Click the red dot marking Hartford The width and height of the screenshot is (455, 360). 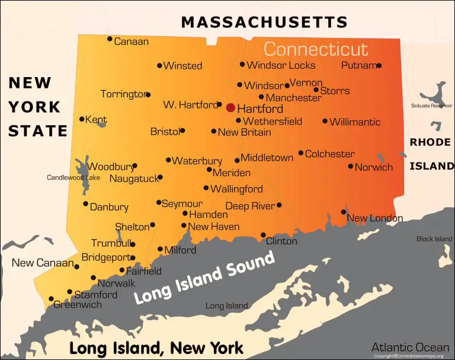[x=230, y=108]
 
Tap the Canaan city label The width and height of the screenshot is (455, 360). [x=131, y=42]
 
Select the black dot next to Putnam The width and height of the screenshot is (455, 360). [x=379, y=66]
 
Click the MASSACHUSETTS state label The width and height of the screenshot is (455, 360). [x=264, y=23]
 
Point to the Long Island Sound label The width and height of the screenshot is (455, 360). [x=205, y=276]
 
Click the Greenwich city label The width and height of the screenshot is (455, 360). [x=78, y=305]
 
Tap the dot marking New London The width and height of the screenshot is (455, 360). [x=344, y=212]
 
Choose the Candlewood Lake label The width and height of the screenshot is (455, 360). [x=73, y=177]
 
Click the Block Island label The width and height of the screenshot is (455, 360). [x=434, y=239]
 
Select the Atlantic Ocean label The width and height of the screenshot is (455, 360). [x=410, y=347]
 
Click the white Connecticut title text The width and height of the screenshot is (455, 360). [x=316, y=49]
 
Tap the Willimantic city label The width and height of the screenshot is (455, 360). [x=355, y=122]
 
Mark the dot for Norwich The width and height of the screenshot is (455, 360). [x=351, y=167]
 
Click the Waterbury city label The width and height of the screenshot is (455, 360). [x=197, y=161]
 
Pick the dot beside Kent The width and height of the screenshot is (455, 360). [x=82, y=119]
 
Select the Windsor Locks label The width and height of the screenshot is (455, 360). [x=281, y=65]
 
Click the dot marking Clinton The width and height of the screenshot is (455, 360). [x=263, y=235]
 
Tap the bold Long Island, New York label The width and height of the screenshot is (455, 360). [x=156, y=348]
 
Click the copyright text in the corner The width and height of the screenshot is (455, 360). [x=409, y=356]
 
